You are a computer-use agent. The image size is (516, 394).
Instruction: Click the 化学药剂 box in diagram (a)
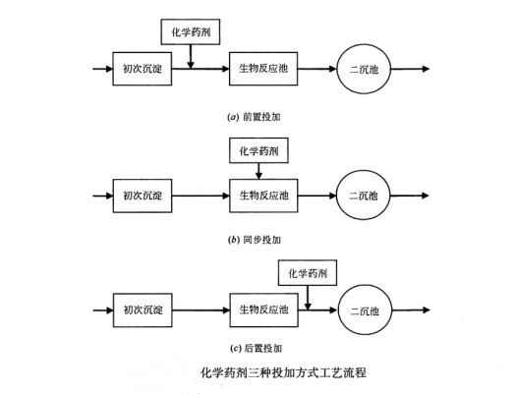[191, 31]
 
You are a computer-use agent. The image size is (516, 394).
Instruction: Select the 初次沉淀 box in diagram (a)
[143, 69]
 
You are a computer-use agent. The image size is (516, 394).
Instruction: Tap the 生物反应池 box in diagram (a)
[263, 69]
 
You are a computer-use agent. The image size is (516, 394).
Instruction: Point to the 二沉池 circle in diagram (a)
[364, 69]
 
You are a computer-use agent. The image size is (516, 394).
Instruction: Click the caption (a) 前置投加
[254, 117]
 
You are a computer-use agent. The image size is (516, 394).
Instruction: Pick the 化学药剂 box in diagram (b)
[258, 150]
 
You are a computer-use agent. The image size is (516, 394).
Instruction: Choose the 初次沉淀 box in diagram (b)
[143, 196]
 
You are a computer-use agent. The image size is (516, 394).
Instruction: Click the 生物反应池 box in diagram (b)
[263, 196]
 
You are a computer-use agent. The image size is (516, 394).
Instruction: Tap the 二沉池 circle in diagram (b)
[364, 196]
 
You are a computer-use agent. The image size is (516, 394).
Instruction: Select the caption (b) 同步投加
[254, 240]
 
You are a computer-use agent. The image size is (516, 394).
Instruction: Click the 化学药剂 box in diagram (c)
[308, 273]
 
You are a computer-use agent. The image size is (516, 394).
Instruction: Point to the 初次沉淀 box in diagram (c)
[143, 310]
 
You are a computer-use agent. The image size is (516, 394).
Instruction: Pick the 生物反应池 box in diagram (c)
[264, 310]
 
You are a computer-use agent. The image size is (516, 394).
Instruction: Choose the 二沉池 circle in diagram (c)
[365, 310]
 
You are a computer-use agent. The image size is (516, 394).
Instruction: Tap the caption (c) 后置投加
[256, 348]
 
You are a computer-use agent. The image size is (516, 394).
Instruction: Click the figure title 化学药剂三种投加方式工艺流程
[283, 373]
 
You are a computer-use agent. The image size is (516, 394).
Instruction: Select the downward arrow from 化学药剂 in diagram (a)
[191, 57]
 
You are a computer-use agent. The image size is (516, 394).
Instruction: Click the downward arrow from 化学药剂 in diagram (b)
[258, 171]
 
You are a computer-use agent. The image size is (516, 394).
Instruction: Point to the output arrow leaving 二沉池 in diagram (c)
[412, 310]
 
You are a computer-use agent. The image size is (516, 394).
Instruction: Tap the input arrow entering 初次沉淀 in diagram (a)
[102, 69]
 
